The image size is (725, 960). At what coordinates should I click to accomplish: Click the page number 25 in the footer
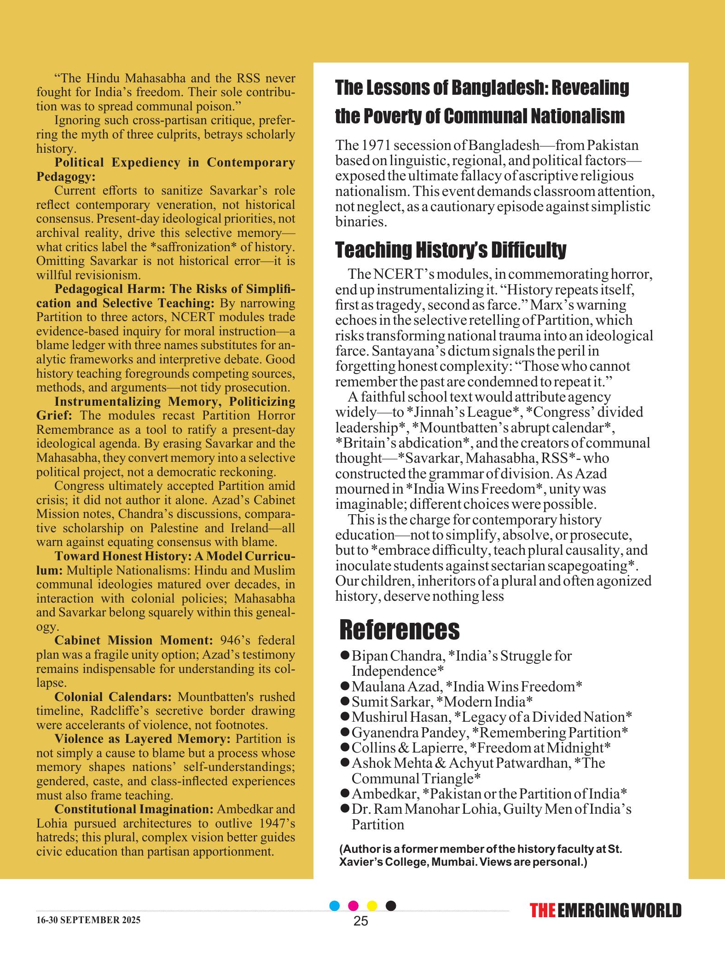click(361, 921)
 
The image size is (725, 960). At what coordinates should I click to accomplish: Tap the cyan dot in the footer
click(335, 906)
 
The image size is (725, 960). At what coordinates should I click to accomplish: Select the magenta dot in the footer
click(354, 906)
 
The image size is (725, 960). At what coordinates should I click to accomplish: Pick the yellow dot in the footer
click(372, 906)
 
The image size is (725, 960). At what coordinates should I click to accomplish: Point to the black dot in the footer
click(391, 906)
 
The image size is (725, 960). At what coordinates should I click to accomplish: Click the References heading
click(399, 630)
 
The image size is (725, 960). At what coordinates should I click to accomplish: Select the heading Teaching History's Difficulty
click(451, 250)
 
